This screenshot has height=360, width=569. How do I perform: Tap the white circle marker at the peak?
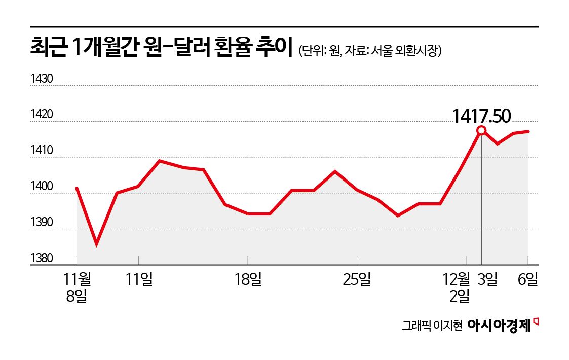coord(481,131)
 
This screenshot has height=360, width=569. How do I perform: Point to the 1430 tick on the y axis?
coord(42,79)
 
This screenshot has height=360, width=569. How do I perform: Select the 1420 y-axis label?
coord(42,115)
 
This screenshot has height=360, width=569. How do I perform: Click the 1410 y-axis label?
coord(42,151)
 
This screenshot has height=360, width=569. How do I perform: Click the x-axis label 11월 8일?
coord(77,287)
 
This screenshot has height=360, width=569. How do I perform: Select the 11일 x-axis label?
coord(139,279)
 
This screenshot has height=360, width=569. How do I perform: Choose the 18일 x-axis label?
coord(248,279)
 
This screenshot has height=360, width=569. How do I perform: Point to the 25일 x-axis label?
coord(357,279)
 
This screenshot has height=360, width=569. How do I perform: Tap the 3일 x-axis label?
coord(487,279)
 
